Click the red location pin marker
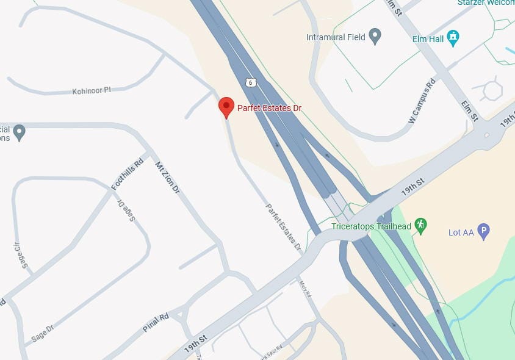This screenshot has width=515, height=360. point(226,106)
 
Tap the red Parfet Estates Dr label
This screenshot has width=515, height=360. point(269,109)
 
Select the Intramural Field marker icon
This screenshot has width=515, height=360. point(375,37)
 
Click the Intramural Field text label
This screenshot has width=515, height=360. point(336,37)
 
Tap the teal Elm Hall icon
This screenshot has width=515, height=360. point(452,38)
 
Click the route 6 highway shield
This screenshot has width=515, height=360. point(250,81)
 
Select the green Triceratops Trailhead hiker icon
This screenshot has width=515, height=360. point(420,225)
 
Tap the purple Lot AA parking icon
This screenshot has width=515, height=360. point(483,231)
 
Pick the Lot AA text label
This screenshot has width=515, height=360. point(461,232)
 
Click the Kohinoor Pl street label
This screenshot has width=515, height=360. point(92,90)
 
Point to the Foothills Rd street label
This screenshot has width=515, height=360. point(127,173)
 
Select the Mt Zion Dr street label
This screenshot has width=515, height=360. point(167,178)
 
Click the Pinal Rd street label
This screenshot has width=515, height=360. point(156,323)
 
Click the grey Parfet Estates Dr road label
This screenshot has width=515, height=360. point(283,228)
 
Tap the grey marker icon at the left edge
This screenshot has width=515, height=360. point(20,132)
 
